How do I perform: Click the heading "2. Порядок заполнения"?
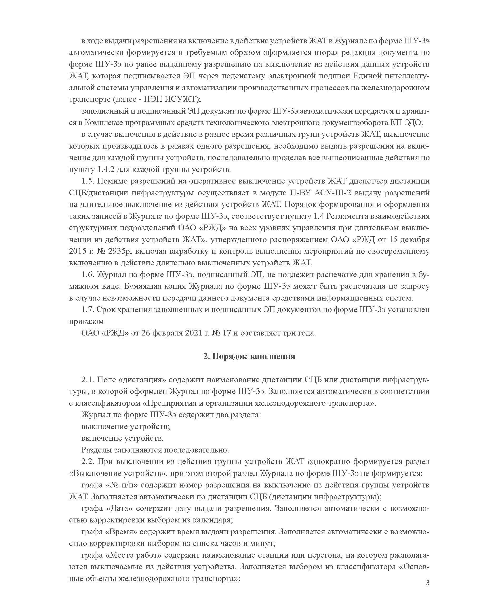point(249,357)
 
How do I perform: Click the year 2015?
point(77,251)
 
